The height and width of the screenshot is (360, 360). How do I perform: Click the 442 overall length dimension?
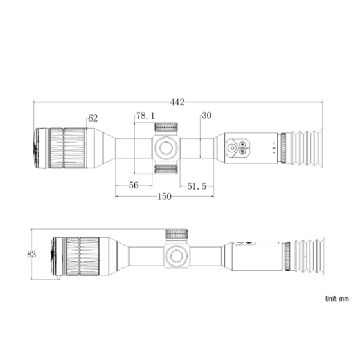(x=177, y=102)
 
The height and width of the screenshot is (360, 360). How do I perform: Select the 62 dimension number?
(x=93, y=118)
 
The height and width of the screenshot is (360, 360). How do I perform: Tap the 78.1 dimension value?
(x=145, y=116)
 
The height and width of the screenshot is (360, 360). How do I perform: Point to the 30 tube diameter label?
(x=206, y=115)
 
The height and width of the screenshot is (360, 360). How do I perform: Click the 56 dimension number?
(x=134, y=185)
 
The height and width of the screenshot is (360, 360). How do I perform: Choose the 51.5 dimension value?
(x=197, y=186)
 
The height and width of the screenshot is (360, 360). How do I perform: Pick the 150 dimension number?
(x=165, y=197)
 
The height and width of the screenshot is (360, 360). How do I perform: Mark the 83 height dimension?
(x=32, y=254)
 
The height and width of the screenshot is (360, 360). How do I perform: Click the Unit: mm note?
(x=337, y=298)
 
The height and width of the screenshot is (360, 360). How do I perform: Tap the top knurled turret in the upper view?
(x=166, y=127)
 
